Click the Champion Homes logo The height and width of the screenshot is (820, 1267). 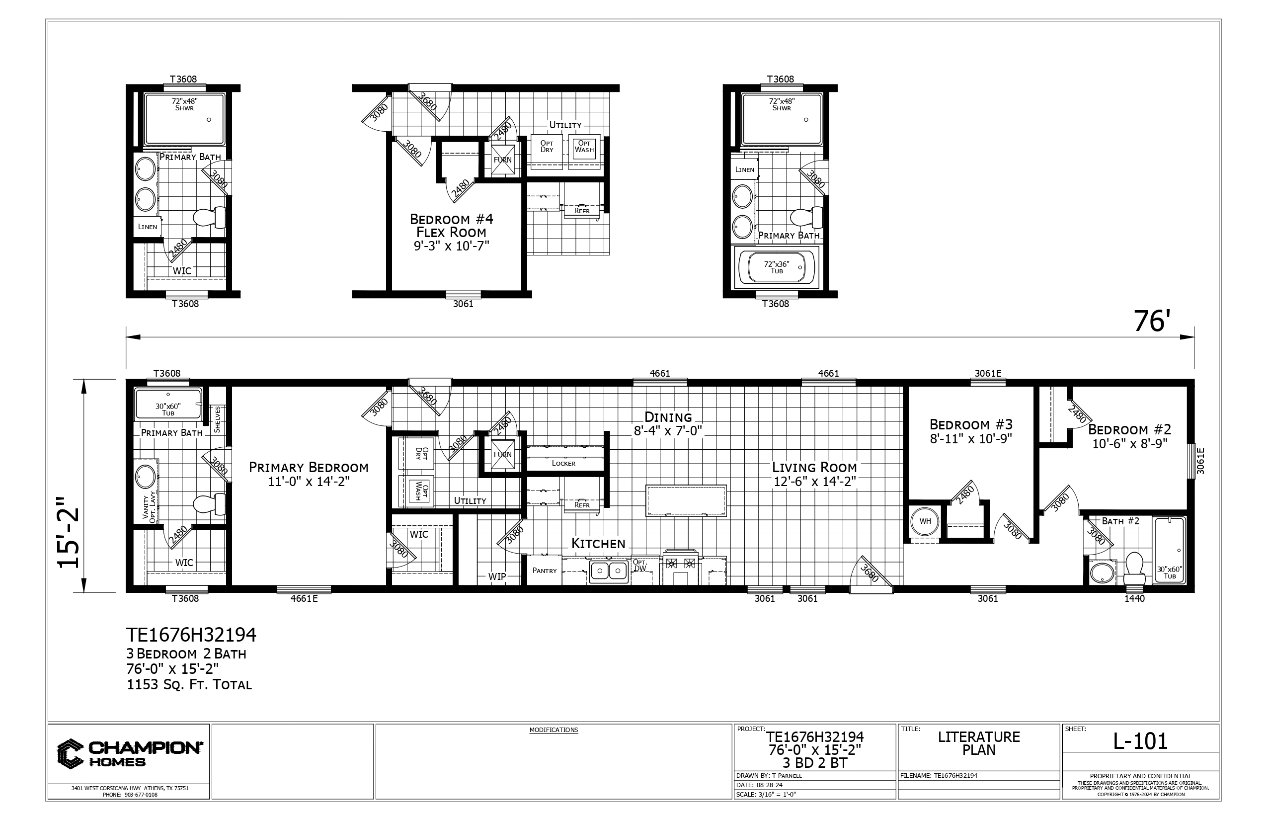click(x=129, y=753)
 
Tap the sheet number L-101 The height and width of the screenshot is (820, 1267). click(x=1140, y=740)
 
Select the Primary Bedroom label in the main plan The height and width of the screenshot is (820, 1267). click(x=309, y=468)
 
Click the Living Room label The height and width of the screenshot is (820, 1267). click(x=814, y=468)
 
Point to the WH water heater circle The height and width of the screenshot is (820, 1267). click(x=925, y=521)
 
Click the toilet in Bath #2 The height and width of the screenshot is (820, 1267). click(x=1134, y=568)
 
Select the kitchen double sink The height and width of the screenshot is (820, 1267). click(x=609, y=572)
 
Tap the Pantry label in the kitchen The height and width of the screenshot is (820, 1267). click(x=545, y=571)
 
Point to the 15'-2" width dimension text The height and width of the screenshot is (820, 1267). click(x=69, y=532)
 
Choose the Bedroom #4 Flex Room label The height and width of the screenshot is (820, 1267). click(x=452, y=226)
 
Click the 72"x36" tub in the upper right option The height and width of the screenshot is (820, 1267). click(x=777, y=267)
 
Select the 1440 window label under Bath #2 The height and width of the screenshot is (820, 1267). click(x=1134, y=598)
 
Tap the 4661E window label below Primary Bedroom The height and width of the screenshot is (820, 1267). click(x=304, y=598)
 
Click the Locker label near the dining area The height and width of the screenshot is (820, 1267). click(x=563, y=463)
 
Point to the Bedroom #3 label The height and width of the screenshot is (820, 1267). click(x=971, y=424)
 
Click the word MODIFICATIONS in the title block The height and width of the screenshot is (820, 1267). click(x=554, y=730)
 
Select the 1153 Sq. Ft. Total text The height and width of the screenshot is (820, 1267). click(x=189, y=685)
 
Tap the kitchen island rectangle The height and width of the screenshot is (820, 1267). click(x=686, y=500)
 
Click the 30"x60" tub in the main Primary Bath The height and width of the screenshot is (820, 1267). click(x=168, y=404)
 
